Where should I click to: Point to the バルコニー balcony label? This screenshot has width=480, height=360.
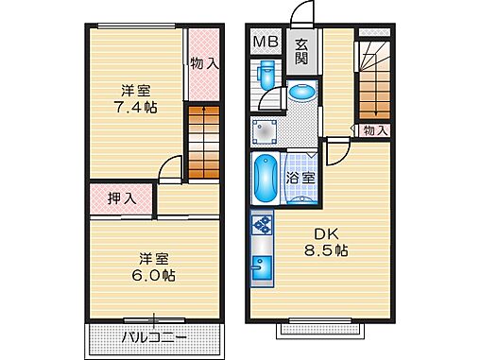(x=153, y=337)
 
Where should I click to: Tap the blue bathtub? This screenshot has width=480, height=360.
(x=265, y=178)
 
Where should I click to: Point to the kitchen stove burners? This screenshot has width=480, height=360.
(x=262, y=227)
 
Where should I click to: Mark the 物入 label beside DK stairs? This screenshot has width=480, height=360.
(x=375, y=129)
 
